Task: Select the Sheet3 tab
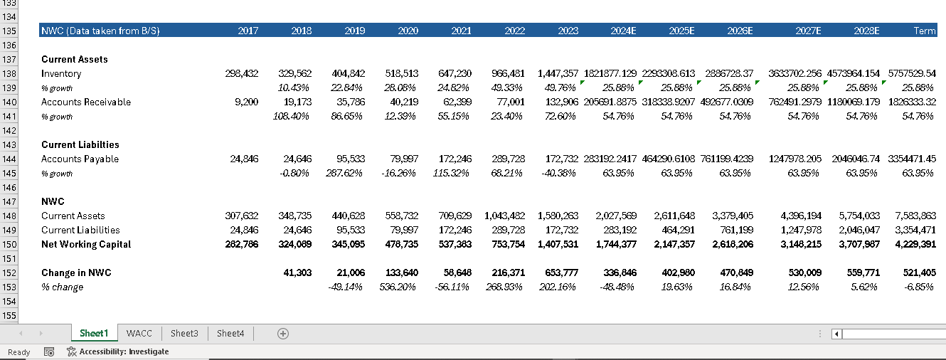tap(184, 333)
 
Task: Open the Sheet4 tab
tap(230, 333)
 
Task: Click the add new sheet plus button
tap(283, 333)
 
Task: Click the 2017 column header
tap(248, 31)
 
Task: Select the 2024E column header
tap(623, 31)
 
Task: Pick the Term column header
tap(925, 31)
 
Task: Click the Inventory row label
tap(61, 74)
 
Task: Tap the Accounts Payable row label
tap(80, 159)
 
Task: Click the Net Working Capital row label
tap(86, 245)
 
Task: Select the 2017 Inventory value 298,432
tap(242, 74)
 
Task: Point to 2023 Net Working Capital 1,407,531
tap(558, 245)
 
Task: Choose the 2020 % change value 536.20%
tap(401, 287)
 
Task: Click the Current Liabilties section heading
tap(80, 145)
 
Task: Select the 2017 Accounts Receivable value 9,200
tap(247, 102)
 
